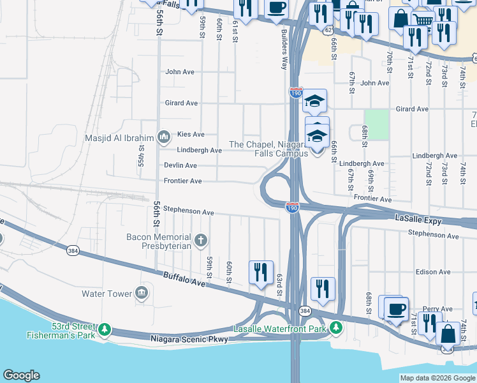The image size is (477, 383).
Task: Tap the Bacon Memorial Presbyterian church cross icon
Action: pyautogui.click(x=201, y=241)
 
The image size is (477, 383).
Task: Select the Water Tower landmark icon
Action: pyautogui.click(x=141, y=294)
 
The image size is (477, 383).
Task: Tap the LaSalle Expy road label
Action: pyautogui.click(x=419, y=218)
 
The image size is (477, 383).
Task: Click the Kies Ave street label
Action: pyautogui.click(x=191, y=135)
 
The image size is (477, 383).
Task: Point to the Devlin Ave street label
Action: pyautogui.click(x=180, y=165)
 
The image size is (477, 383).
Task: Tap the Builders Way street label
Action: pyautogui.click(x=284, y=51)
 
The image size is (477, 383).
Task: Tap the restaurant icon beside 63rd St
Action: pyautogui.click(x=261, y=273)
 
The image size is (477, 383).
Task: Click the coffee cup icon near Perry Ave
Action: pyautogui.click(x=396, y=308)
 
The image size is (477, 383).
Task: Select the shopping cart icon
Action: pyautogui.click(x=422, y=20)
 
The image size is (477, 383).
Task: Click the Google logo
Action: pyautogui.click(x=21, y=375)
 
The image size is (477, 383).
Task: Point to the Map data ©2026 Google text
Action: pyautogui.click(x=437, y=378)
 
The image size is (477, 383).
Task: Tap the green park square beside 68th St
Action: pyautogui.click(x=378, y=124)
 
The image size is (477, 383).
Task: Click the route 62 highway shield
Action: pyautogui.click(x=327, y=29)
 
